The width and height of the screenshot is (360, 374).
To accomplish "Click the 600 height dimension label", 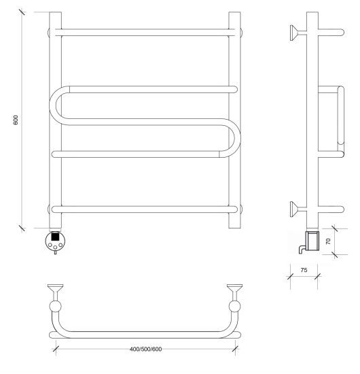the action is (x=16, y=120).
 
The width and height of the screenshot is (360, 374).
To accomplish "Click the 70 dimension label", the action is (x=328, y=241).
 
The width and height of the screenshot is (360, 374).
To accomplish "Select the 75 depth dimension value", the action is (x=304, y=270).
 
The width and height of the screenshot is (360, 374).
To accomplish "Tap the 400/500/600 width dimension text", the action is (x=145, y=350).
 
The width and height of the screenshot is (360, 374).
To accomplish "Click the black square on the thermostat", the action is (x=55, y=237).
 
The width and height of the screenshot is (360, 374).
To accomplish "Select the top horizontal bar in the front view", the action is (x=145, y=33).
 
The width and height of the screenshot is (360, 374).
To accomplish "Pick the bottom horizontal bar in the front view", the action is (x=145, y=209).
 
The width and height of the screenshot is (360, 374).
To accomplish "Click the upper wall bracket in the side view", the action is (x=298, y=33).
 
